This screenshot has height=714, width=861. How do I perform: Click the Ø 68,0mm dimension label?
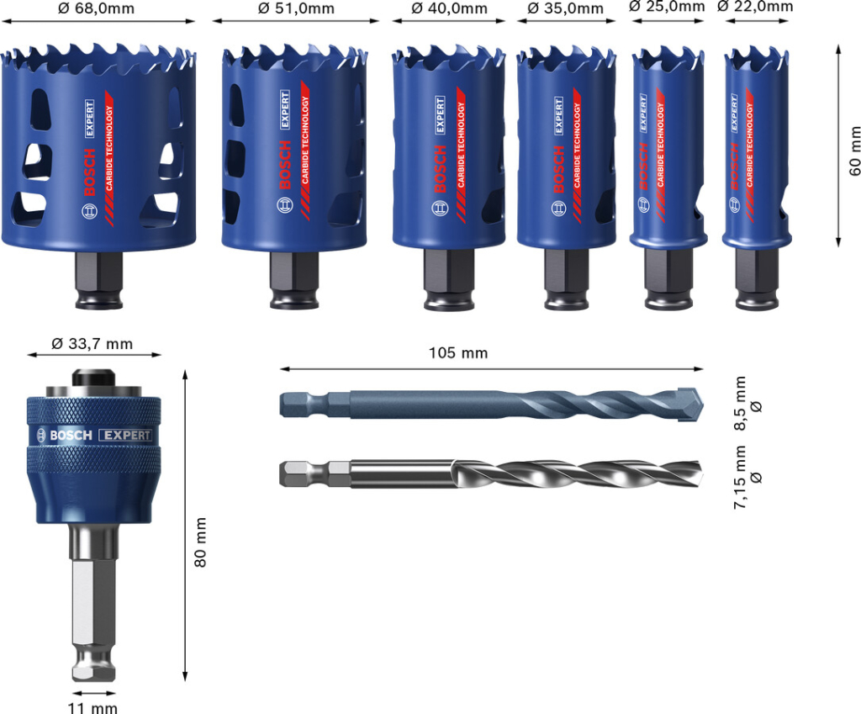tap(97, 8)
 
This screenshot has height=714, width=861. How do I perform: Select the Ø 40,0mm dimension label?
tap(449, 8)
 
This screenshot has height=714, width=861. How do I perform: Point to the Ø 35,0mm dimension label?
tap(565, 8)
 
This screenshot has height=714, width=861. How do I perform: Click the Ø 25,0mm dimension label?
tap(667, 7)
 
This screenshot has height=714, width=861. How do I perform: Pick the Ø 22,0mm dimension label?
tap(754, 7)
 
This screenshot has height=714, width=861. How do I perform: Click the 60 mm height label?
tap(855, 151)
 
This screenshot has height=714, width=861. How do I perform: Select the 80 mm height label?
tap(200, 542)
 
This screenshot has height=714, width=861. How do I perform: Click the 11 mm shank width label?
tap(93, 707)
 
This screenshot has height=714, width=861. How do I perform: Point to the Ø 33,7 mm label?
tap(92, 343)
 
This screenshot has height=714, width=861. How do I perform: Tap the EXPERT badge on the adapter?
tap(125, 435)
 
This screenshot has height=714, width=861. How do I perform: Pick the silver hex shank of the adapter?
tap(92, 597)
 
